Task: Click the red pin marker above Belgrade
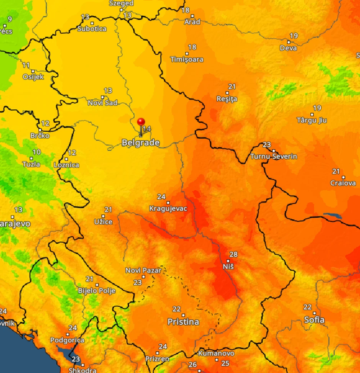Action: (141, 122)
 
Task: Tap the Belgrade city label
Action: (141, 143)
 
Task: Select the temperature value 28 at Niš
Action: (233, 254)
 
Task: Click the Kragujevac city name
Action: (168, 209)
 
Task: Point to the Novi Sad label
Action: (102, 103)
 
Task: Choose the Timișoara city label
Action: (187, 59)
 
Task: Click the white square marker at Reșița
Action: (227, 93)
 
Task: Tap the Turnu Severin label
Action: (273, 156)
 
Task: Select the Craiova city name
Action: (343, 183)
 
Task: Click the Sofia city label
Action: (314, 320)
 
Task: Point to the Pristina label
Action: (183, 322)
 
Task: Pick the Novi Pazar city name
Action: (144, 271)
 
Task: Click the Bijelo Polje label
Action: (97, 291)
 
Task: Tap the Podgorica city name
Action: (67, 340)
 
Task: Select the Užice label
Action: (103, 222)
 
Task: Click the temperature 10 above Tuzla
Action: (36, 152)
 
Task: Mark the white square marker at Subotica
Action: (92, 23)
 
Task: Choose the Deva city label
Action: (288, 48)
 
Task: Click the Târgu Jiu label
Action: (312, 120)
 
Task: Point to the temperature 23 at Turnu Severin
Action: (267, 145)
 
